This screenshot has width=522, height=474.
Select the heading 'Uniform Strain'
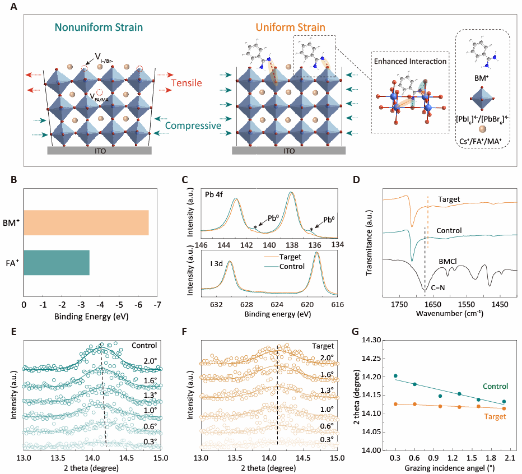(291, 26)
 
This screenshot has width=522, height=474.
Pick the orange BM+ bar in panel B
(86, 222)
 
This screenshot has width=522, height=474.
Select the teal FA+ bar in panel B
(56, 262)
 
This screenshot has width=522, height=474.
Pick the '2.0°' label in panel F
(326, 357)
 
